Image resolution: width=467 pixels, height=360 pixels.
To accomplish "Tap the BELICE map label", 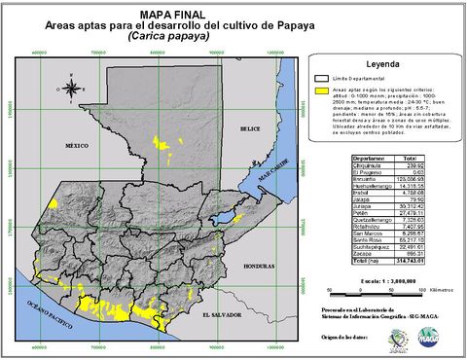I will (x=251, y=128).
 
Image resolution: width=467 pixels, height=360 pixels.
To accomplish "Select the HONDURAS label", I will (x=258, y=265).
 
